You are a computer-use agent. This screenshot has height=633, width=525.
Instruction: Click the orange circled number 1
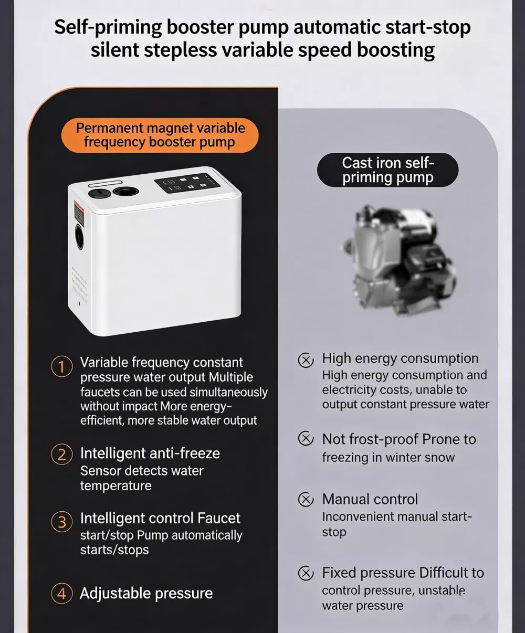pos(61,366)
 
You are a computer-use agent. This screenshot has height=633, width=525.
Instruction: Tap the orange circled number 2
pos(61,455)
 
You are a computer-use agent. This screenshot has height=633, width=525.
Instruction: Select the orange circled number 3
pos(61,522)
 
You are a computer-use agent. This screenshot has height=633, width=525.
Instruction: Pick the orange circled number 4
pos(61,593)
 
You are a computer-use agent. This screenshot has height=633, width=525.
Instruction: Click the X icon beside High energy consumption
pos(306,360)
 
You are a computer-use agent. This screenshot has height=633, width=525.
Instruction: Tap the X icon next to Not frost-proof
pos(306,438)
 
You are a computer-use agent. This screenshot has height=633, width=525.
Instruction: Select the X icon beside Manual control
pos(306,499)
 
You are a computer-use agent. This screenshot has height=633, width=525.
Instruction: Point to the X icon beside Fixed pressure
pos(306,573)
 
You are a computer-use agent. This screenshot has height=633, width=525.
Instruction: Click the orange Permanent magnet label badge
pos(160,135)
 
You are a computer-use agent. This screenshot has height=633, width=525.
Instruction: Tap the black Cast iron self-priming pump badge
pos(387,170)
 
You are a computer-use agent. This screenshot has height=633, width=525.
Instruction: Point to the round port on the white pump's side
pos(79,237)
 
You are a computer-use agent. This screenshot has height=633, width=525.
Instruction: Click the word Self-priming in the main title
pos(108,27)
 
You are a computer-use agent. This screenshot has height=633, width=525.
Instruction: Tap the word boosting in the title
pos(395,50)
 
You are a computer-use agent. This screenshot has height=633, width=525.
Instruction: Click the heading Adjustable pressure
pos(146,593)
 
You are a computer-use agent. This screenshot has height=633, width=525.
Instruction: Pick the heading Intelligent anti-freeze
pos(150,453)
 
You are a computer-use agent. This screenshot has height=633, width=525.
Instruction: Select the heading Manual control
pos(370,499)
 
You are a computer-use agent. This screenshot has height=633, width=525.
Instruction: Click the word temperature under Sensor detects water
pos(115,486)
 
